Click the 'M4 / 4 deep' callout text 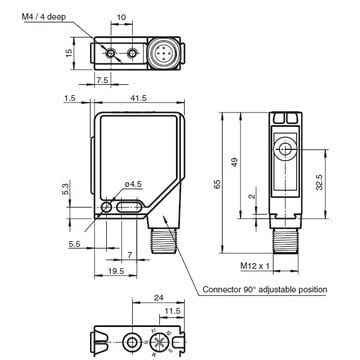44,17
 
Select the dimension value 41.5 139,98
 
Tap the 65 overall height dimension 217,184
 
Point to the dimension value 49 235,162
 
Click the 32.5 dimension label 319,182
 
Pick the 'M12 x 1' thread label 255,266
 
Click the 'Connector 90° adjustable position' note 265,289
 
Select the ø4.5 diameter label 133,184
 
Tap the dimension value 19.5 116,271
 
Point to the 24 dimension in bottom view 158,298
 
